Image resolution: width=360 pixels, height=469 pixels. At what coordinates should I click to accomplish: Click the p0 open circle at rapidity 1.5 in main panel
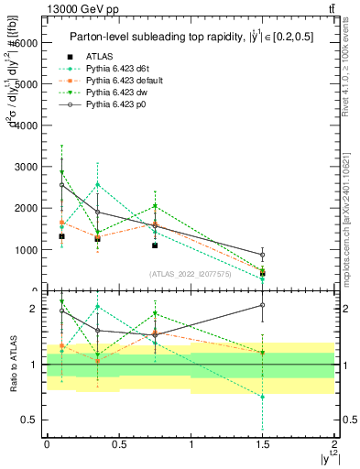(x=262, y=255)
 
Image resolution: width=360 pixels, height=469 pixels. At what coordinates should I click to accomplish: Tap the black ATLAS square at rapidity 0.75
(x=155, y=245)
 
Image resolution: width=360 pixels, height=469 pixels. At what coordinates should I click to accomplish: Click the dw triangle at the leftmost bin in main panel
(x=61, y=172)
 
